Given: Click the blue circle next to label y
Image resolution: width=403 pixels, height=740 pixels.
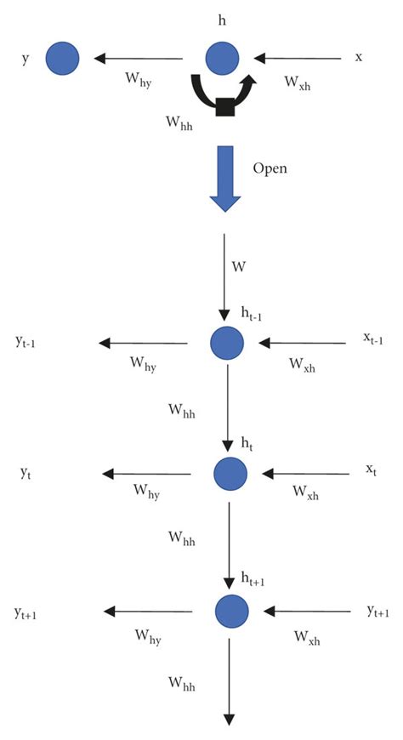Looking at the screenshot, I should [x=62, y=58].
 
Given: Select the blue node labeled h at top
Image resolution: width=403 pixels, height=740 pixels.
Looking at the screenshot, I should [x=224, y=59].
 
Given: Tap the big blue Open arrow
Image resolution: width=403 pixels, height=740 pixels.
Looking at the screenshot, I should [x=226, y=176].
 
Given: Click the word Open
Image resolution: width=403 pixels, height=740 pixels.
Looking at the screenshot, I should [x=270, y=168].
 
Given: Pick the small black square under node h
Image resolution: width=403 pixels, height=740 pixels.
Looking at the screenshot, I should [x=225, y=106].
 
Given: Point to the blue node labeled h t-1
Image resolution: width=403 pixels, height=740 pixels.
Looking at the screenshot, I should [x=227, y=343].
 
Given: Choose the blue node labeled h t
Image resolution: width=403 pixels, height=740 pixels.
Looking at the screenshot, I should [x=230, y=473].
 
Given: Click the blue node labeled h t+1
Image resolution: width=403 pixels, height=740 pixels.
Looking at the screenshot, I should [x=230, y=610].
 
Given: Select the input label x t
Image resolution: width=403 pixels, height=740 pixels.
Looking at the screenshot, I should [x=371, y=470].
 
